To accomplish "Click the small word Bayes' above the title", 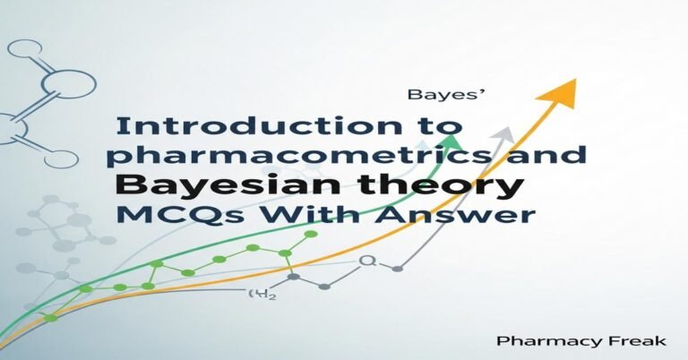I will coord(433,93).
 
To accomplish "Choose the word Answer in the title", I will coord(475,215).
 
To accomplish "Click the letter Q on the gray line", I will coord(365,261).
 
